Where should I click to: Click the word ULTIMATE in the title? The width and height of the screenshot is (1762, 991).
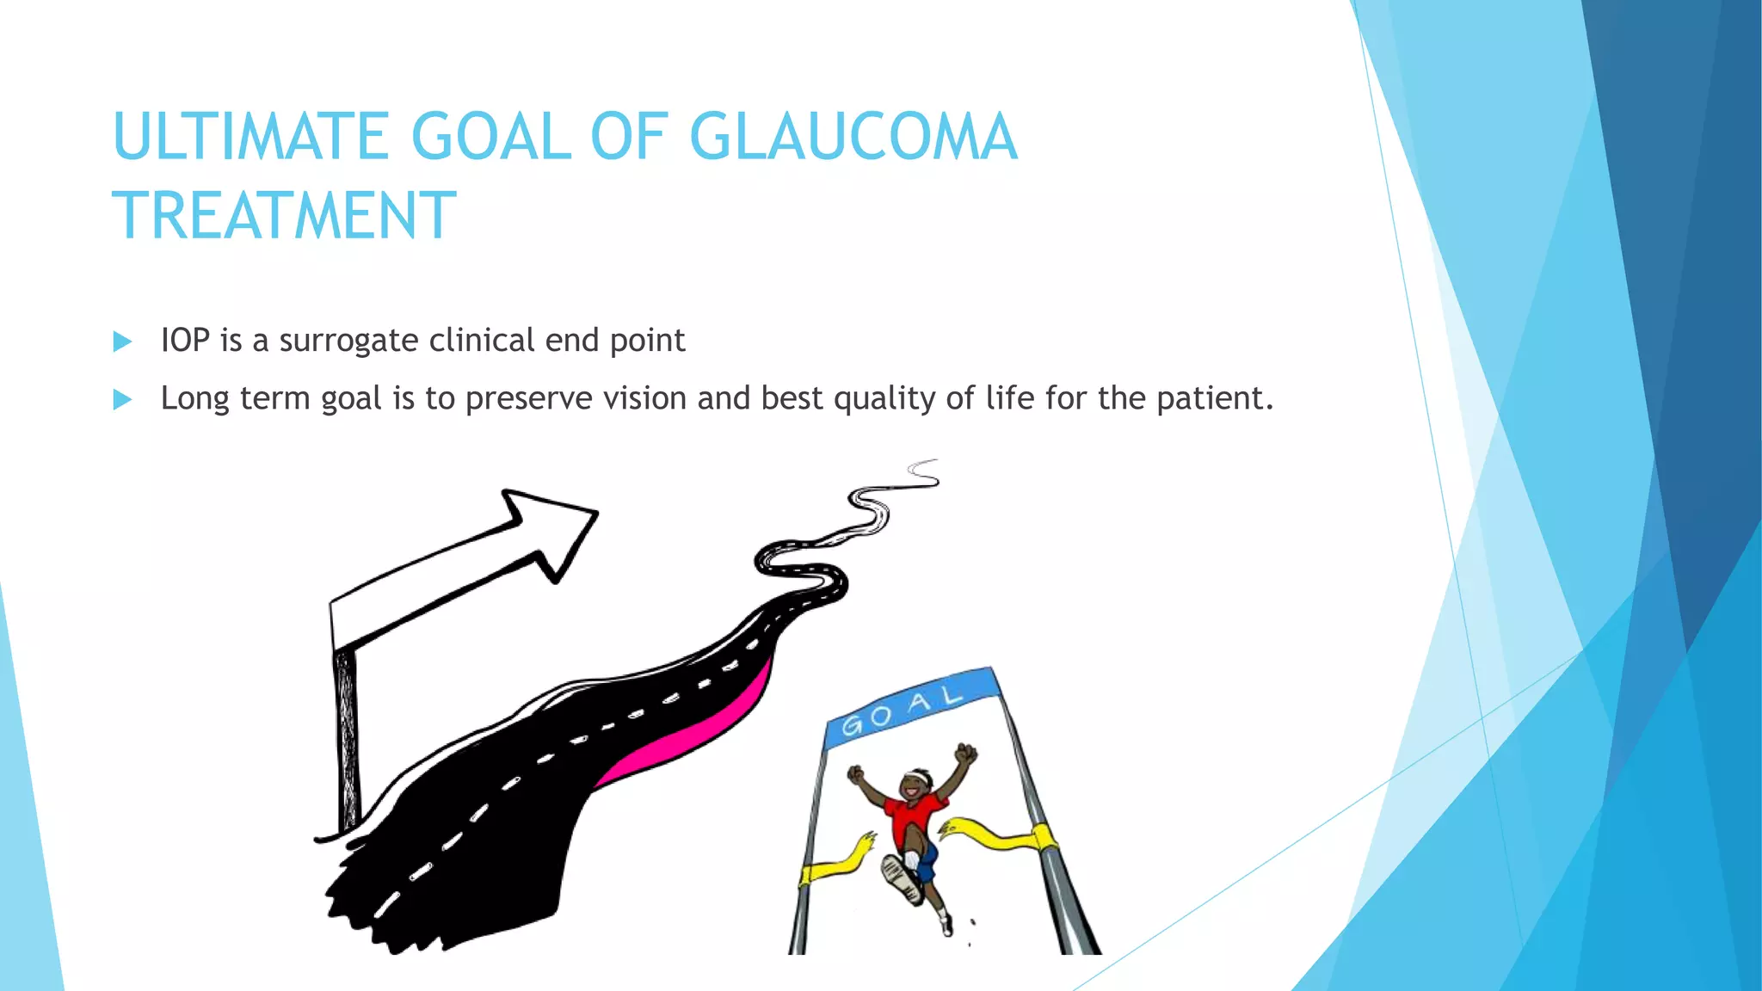coord(250,138)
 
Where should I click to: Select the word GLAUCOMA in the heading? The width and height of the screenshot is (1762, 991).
coord(853,138)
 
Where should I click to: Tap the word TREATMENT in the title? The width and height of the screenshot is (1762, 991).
coord(284,216)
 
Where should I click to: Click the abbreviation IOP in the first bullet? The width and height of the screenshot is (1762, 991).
coord(185,341)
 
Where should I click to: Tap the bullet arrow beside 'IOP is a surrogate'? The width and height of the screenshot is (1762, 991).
coord(122,342)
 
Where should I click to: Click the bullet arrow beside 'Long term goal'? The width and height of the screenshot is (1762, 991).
coord(122,400)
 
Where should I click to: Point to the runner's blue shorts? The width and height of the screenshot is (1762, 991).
coord(926,860)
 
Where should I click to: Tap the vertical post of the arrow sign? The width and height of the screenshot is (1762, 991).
coord(346,740)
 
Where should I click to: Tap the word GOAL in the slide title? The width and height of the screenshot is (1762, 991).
coord(491,138)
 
